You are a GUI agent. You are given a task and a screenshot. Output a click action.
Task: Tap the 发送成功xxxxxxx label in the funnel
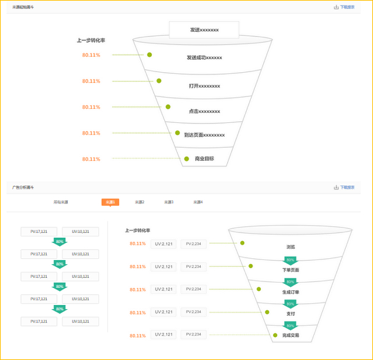(204, 58)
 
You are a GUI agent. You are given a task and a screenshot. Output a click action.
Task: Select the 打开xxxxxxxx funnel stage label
(204, 86)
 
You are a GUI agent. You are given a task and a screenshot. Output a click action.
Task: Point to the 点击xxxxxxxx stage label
(204, 111)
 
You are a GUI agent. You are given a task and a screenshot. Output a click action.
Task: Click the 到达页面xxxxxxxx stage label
(204, 135)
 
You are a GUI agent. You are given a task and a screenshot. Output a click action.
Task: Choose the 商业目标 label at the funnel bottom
(204, 159)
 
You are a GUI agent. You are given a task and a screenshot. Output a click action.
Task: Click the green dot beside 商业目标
(186, 159)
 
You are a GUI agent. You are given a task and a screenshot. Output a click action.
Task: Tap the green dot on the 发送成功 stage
(150, 55)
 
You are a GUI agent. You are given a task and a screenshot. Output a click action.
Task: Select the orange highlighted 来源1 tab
(110, 202)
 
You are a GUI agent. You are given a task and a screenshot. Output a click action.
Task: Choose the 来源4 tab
(198, 202)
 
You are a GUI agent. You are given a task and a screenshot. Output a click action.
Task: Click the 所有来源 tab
(61, 202)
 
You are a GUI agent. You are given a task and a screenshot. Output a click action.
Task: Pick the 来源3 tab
(168, 202)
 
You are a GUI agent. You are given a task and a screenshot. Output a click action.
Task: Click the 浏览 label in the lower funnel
(290, 247)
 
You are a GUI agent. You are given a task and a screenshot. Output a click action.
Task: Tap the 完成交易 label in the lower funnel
(290, 335)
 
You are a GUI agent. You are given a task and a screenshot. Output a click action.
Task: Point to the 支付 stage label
(290, 314)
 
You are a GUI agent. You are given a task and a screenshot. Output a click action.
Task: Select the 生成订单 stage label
(290, 292)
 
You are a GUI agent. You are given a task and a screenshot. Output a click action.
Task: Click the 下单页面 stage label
(290, 270)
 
